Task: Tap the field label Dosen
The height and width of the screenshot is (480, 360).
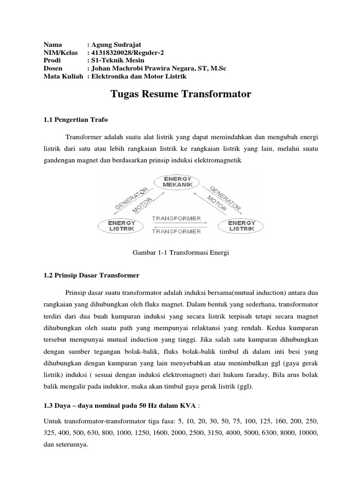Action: [52, 68]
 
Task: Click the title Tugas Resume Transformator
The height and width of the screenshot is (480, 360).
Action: [181, 94]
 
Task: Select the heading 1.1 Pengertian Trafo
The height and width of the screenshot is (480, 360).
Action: [75, 120]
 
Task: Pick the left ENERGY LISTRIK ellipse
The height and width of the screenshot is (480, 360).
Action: [121, 226]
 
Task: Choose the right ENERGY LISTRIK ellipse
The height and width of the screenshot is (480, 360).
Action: [241, 226]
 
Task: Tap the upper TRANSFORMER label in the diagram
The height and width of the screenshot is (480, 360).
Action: [176, 219]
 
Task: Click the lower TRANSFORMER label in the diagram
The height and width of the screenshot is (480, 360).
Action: [176, 231]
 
